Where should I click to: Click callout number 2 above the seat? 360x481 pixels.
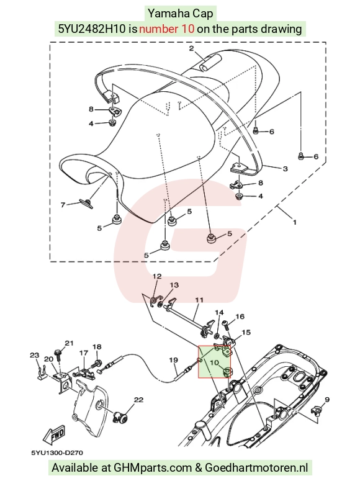[192, 48]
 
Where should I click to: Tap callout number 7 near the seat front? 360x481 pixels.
[63, 205]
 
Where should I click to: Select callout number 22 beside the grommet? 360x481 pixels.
[138, 400]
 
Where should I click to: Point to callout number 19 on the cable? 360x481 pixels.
[173, 359]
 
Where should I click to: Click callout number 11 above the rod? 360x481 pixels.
[199, 300]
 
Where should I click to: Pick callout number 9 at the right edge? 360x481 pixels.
[327, 400]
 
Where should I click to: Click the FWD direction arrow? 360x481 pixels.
[55, 435]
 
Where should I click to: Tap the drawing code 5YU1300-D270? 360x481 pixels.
[57, 453]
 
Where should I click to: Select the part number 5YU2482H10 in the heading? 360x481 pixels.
[92, 29]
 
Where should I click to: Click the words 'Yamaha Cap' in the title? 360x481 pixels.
[180, 14]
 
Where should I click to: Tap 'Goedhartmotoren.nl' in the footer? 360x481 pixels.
[256, 467]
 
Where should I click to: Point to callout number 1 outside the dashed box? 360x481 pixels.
[295, 222]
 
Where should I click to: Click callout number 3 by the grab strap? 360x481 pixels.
[285, 169]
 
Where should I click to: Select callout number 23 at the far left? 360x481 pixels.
[34, 355]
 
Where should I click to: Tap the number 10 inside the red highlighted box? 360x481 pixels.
[214, 362]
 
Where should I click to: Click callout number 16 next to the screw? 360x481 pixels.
[240, 317]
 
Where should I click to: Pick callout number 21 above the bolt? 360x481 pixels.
[69, 343]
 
